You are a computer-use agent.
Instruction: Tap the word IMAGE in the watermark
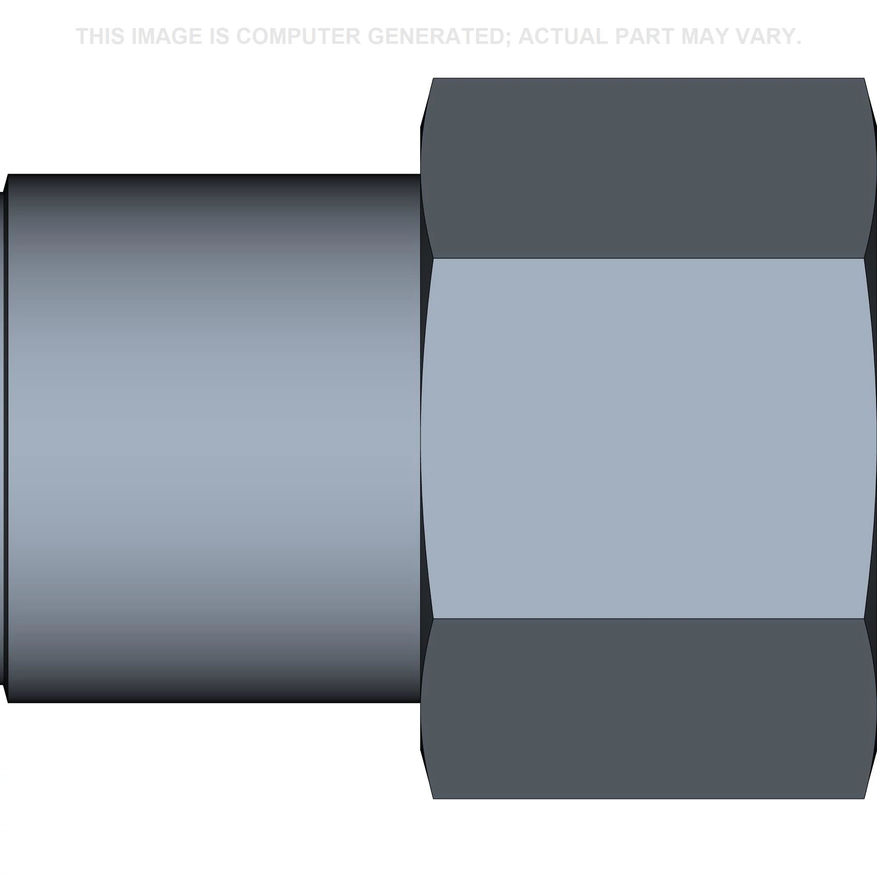point(167,36)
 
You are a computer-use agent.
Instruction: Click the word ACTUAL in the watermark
point(563,36)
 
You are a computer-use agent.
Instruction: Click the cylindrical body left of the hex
point(214,438)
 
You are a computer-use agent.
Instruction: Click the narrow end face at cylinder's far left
point(4,438)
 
